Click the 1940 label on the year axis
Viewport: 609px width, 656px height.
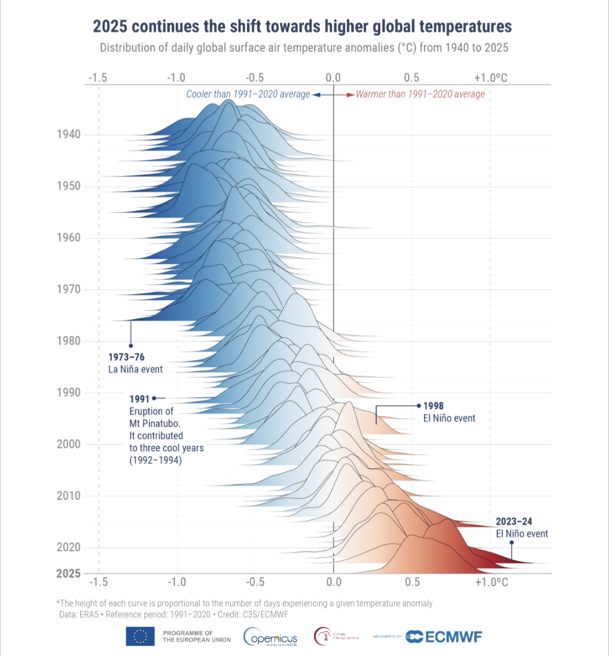pyautogui.click(x=68, y=134)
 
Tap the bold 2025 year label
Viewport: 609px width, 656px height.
pyautogui.click(x=68, y=573)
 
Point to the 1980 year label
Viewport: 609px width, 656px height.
pyautogui.click(x=68, y=341)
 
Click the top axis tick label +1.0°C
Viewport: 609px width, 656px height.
pyautogui.click(x=491, y=78)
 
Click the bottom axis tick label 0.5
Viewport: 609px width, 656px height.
pyautogui.click(x=412, y=582)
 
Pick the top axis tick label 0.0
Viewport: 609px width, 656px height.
pyautogui.click(x=333, y=78)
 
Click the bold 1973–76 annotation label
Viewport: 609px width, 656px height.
pyautogui.click(x=126, y=357)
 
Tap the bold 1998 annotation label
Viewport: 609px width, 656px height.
pyautogui.click(x=434, y=406)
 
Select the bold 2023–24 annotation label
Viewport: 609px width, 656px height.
pyautogui.click(x=514, y=522)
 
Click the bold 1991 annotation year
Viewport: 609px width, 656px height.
pyautogui.click(x=139, y=399)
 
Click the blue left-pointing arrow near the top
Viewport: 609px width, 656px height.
pyautogui.click(x=317, y=95)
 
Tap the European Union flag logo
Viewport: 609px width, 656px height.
pyautogui.click(x=140, y=636)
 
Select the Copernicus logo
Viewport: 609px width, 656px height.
pyautogui.click(x=271, y=637)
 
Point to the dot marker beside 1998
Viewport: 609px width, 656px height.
pyautogui.click(x=418, y=405)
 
